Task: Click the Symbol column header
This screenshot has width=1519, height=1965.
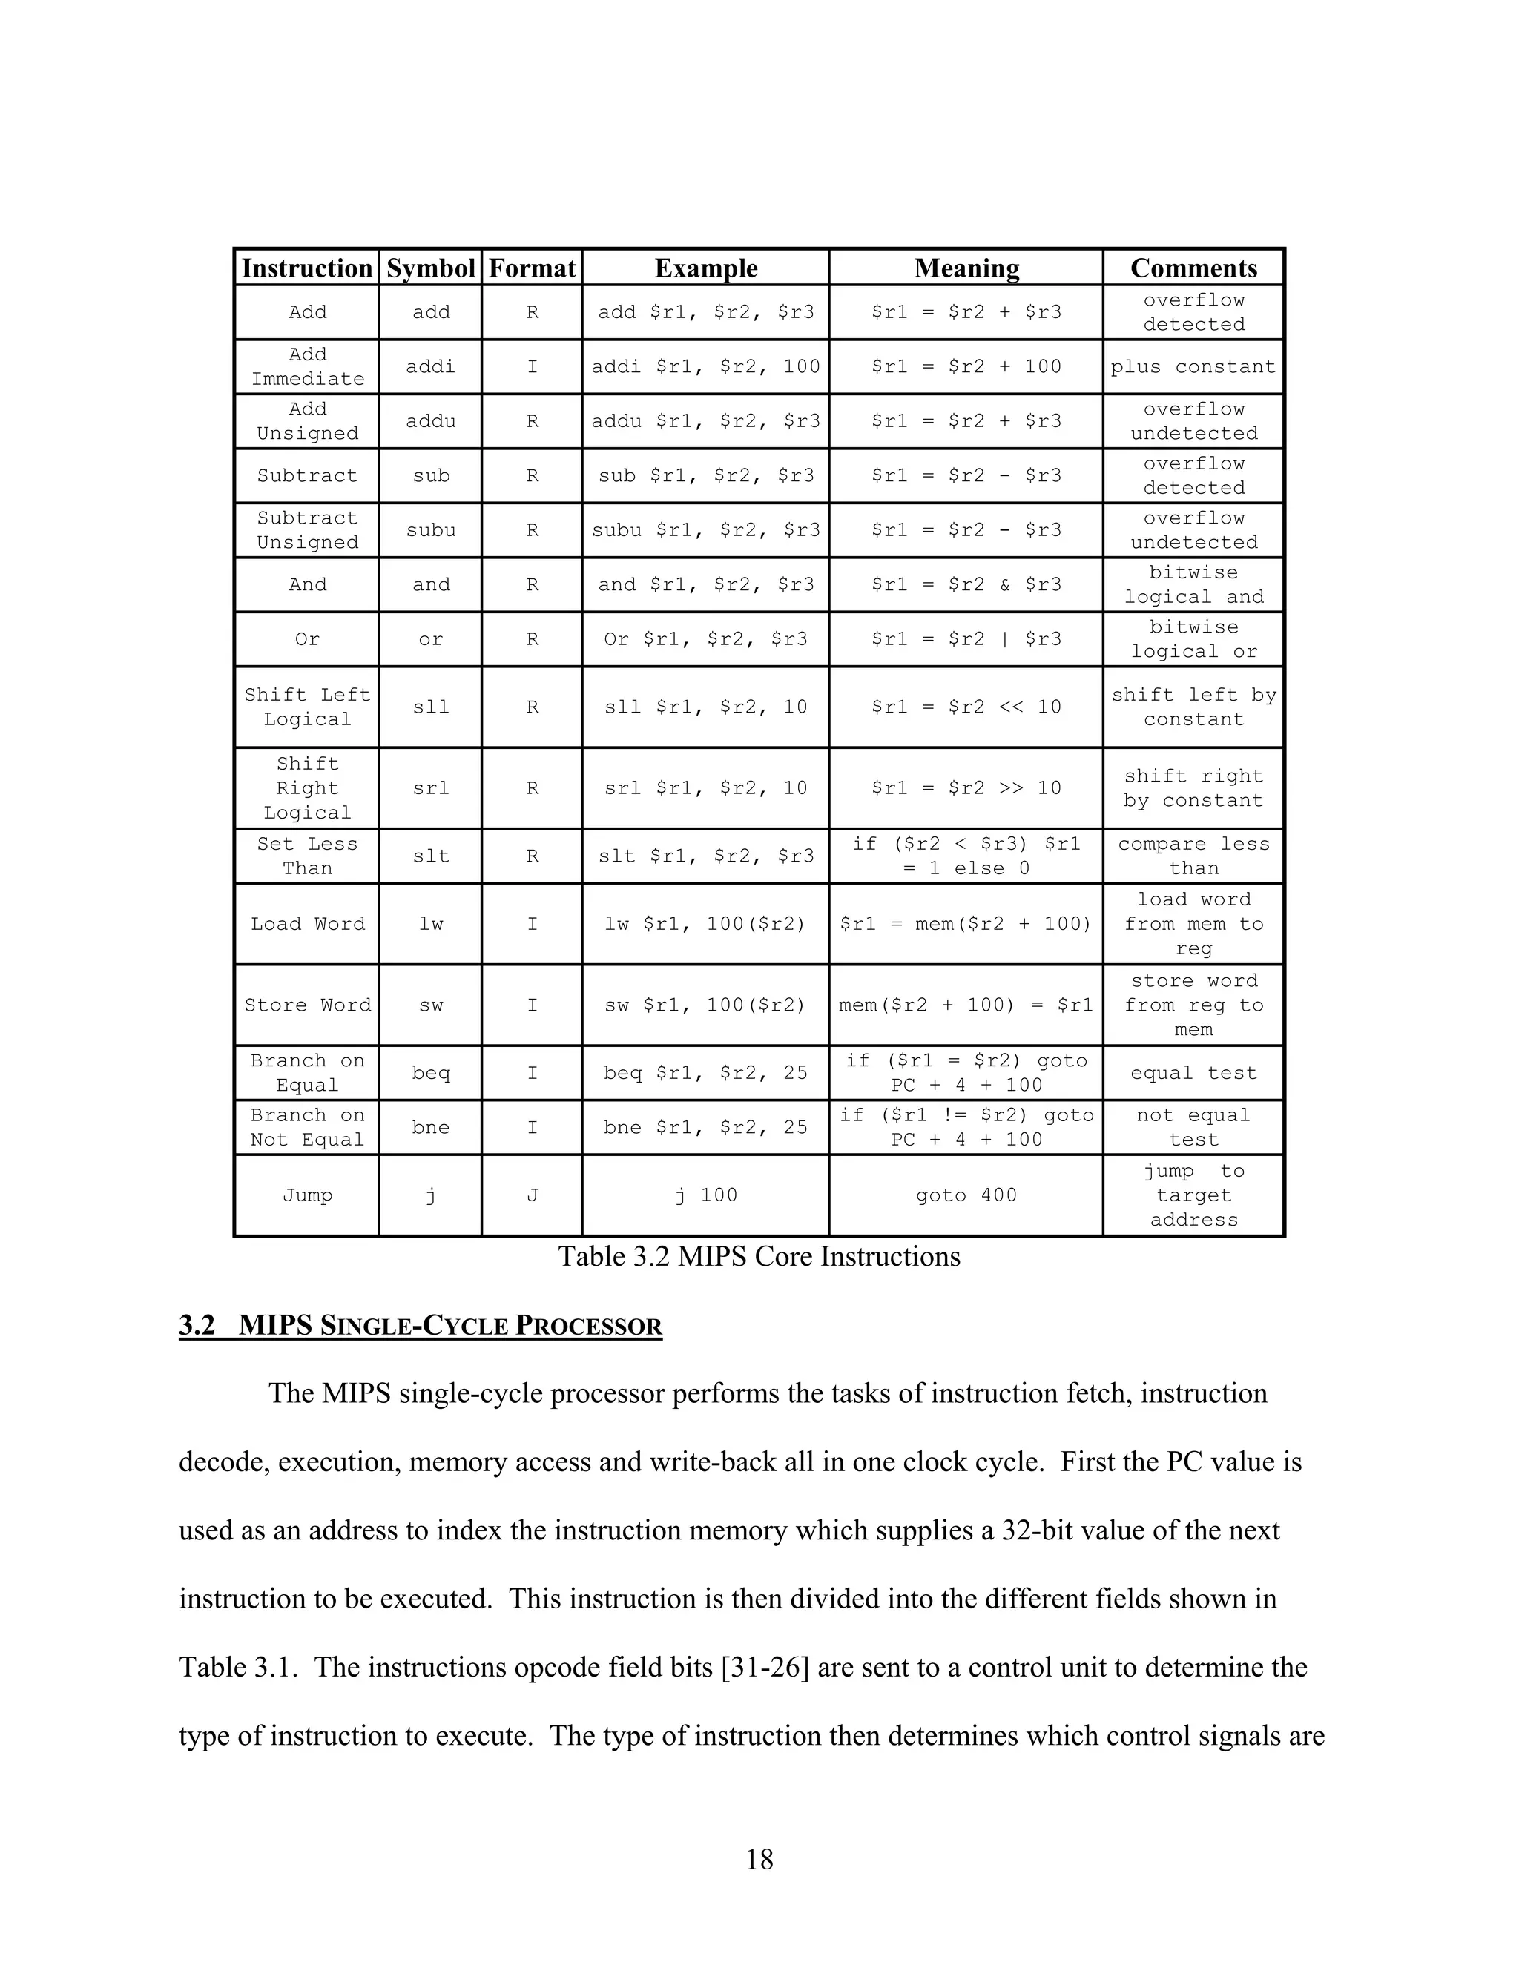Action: point(430,268)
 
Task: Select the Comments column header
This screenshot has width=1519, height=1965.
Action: point(1193,268)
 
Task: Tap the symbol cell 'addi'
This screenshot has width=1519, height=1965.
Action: point(430,367)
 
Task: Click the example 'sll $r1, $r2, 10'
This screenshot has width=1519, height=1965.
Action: point(705,707)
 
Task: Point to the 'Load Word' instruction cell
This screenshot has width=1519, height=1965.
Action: point(308,924)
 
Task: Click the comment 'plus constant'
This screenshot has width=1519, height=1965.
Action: point(1193,367)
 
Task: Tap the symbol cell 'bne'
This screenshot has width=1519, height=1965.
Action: point(430,1127)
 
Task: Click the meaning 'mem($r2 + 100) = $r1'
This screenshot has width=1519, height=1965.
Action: point(966,1005)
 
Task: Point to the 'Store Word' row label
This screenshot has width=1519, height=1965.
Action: point(308,1005)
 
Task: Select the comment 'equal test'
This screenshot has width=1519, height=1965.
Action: point(1193,1074)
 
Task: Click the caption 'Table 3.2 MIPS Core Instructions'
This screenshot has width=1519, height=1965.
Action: point(759,1257)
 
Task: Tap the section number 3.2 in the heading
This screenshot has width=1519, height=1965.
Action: point(197,1327)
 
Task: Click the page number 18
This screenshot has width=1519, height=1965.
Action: point(759,1859)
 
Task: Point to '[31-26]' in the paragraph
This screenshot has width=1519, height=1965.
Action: point(765,1667)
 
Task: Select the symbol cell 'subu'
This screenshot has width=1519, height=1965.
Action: point(430,530)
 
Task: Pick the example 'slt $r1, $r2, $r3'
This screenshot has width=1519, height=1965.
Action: point(705,856)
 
